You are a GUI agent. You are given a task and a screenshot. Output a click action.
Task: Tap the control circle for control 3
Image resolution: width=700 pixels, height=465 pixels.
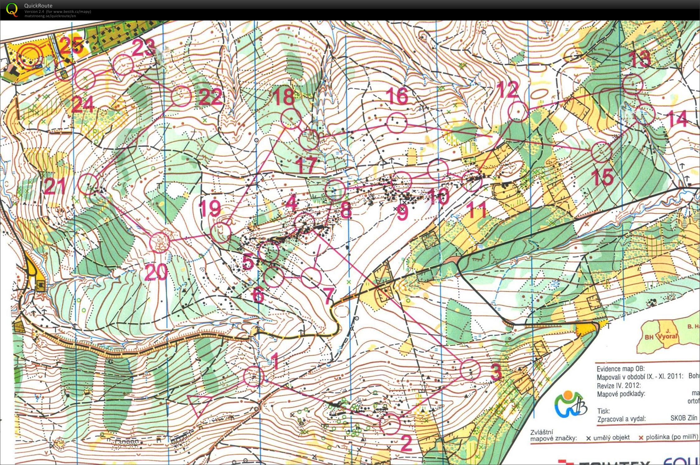click(470, 369)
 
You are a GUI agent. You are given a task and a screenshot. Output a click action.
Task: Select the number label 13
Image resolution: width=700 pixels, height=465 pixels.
click(640, 59)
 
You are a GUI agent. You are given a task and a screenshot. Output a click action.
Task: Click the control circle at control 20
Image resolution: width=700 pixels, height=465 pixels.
click(160, 242)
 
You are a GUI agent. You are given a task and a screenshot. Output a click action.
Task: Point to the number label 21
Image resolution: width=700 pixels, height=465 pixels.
click(55, 186)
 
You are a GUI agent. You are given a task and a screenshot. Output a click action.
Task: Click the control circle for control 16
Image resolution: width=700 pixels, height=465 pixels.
click(397, 123)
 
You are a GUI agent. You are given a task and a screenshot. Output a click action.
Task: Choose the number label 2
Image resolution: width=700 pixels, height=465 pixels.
click(406, 443)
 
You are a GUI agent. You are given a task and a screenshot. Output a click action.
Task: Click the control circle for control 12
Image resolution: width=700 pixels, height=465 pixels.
click(518, 111)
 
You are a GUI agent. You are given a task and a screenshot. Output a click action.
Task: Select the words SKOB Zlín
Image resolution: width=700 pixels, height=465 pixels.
click(684, 418)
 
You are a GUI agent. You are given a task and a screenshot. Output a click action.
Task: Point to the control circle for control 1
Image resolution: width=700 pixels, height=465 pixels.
click(254, 377)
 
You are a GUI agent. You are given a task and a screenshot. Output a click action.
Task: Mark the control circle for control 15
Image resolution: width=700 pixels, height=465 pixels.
click(601, 152)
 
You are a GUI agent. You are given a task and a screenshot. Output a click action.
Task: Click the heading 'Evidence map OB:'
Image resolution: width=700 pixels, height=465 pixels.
click(616, 369)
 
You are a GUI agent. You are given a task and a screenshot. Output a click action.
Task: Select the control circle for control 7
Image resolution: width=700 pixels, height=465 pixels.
click(311, 278)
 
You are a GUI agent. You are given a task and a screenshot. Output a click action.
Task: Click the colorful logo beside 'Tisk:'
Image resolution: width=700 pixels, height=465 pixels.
click(571, 405)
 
